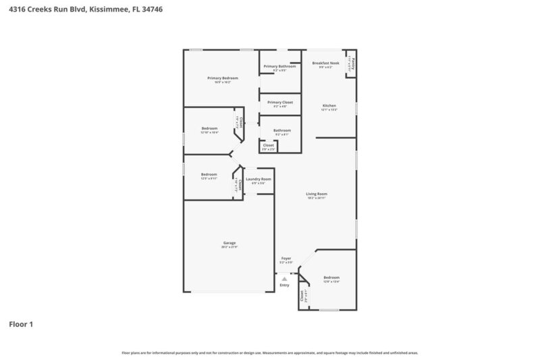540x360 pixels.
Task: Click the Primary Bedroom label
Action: point(223,78)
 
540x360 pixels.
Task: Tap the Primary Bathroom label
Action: point(280,66)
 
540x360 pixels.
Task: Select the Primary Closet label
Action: point(280,102)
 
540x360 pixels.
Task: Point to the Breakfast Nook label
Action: point(325,63)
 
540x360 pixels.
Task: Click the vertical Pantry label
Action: point(352,64)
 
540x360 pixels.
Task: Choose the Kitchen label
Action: point(329,106)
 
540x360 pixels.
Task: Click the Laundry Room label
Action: point(258,179)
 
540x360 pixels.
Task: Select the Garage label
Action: point(229,242)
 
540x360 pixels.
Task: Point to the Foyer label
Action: point(286,259)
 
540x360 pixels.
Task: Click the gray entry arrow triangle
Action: point(285,278)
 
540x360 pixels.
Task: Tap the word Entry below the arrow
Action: point(285,285)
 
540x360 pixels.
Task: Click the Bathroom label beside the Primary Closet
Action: point(281,130)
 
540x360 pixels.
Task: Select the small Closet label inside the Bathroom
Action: point(268,145)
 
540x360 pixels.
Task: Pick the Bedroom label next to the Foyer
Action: point(331,278)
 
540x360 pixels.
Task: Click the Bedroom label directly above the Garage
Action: point(209,175)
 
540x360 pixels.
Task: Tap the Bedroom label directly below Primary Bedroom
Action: point(209,128)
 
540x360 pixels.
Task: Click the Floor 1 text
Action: point(20,324)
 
